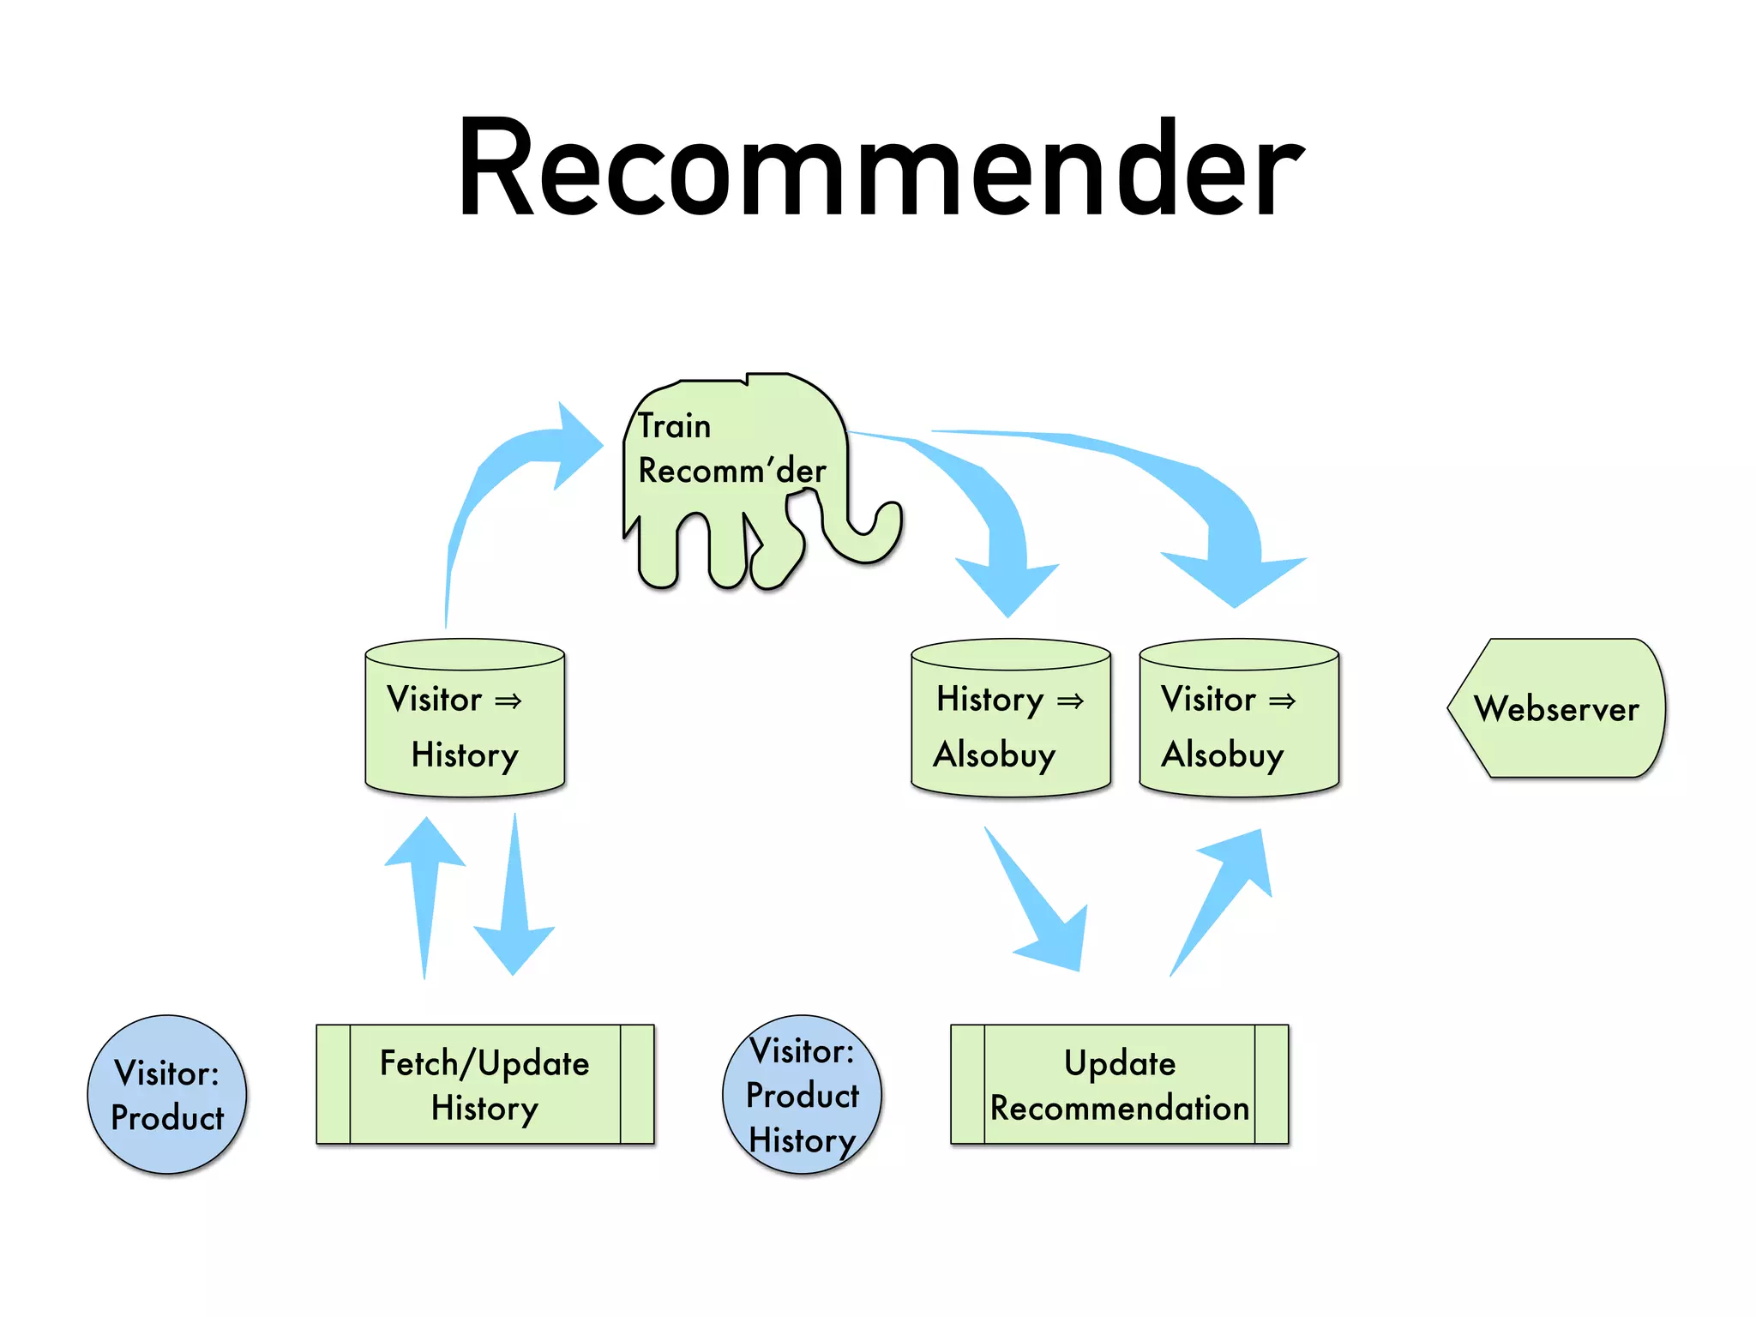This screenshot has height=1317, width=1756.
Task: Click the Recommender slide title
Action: pos(880,169)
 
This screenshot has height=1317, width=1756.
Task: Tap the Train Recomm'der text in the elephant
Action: pos(731,448)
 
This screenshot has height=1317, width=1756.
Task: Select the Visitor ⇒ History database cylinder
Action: pos(465,720)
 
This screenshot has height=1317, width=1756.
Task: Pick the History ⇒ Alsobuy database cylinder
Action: pos(1010,720)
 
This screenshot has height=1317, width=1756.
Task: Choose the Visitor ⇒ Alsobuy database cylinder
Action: pos(1238,720)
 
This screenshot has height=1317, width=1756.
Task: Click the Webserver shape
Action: pos(1556,708)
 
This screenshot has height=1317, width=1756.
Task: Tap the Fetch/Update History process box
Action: pos(484,1085)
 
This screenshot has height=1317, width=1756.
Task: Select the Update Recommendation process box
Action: pos(1119,1085)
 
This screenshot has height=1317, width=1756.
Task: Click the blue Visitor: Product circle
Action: pos(167,1095)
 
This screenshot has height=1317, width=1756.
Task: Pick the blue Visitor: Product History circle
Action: pos(802,1095)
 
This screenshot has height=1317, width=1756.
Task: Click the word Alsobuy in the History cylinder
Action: pos(995,755)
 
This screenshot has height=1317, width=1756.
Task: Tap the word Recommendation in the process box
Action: pos(1119,1109)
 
